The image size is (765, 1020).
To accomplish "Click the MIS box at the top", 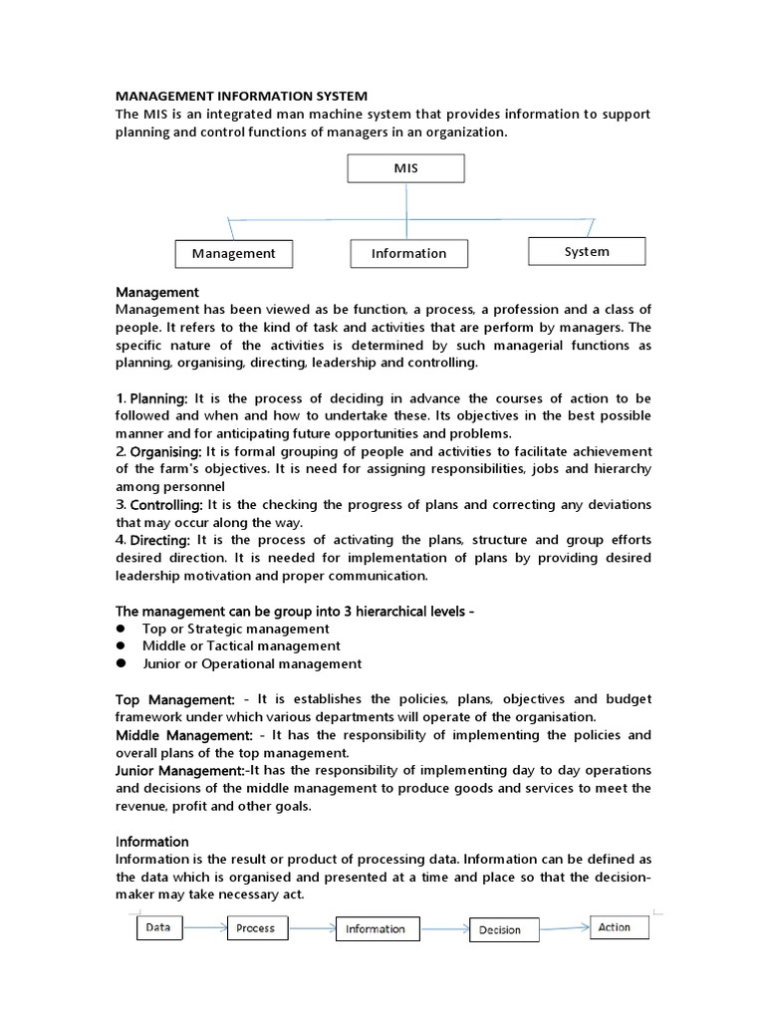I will click(405, 168).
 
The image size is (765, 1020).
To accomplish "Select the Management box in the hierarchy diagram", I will click(234, 253).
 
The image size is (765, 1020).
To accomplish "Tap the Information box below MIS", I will click(408, 253).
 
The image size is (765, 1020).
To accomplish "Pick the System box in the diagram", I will click(586, 251).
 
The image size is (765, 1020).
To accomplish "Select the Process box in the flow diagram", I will click(255, 928).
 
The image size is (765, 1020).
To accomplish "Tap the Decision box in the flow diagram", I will click(500, 930).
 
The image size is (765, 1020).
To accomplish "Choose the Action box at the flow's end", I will click(614, 927).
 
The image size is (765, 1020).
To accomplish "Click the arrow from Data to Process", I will click(204, 928).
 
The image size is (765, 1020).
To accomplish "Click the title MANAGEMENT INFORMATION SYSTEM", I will click(242, 96).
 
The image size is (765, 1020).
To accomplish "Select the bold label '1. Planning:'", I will click(152, 398).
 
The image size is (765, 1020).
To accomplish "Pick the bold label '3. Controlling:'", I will click(159, 504).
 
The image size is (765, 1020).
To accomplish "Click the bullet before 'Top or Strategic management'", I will click(121, 629).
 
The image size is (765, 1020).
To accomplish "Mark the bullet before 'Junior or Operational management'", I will click(121, 663).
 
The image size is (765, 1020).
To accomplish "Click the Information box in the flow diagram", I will click(375, 929).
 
